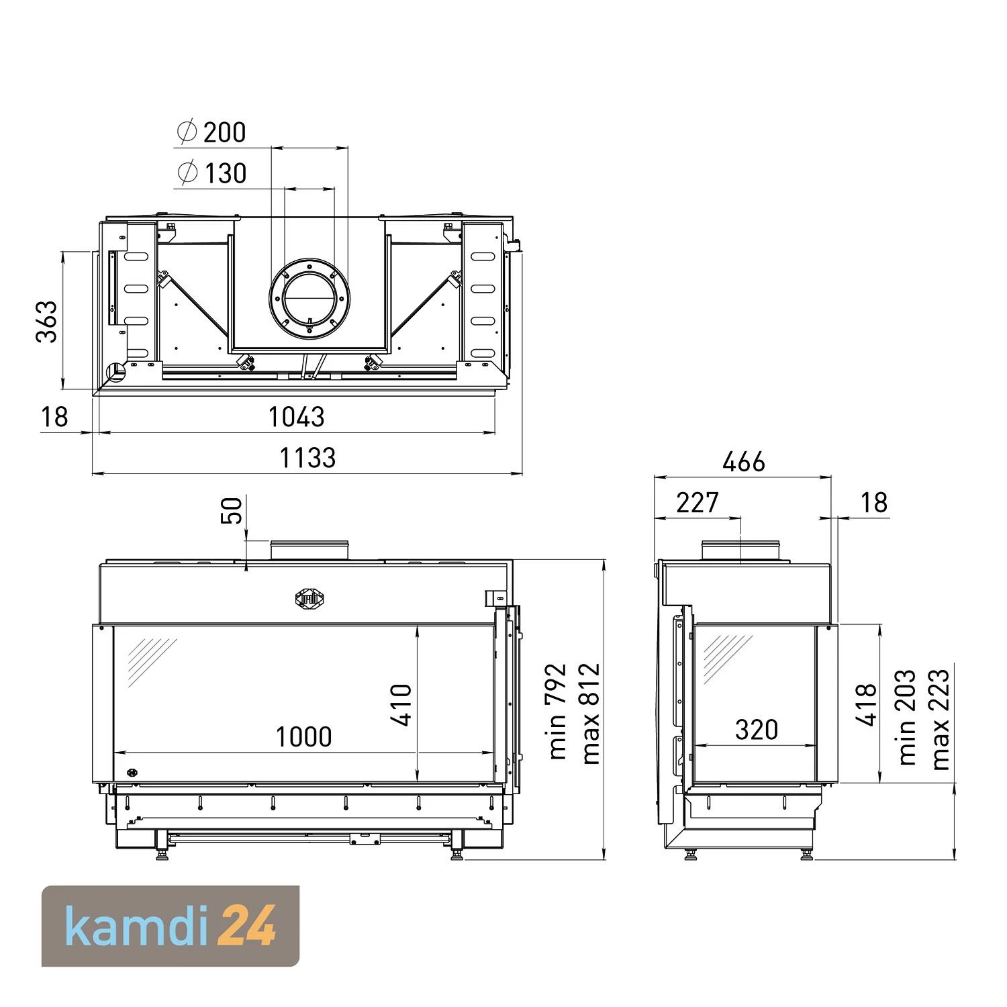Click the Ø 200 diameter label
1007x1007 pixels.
tap(211, 132)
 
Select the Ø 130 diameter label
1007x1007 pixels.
tap(212, 173)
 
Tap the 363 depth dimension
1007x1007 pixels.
tap(47, 322)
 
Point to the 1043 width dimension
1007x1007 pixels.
tap(297, 417)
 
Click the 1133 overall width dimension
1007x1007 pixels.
tap(307, 458)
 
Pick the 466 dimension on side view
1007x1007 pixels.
tap(744, 462)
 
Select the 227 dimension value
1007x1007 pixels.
tap(698, 502)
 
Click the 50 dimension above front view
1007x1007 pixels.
tap(231, 510)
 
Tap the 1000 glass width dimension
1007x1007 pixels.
tap(304, 737)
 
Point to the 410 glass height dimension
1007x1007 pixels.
tap(401, 705)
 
